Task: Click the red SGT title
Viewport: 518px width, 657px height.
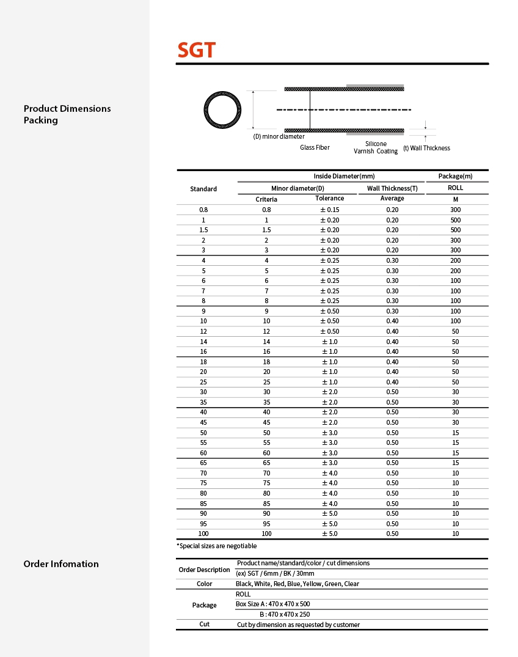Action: click(x=196, y=50)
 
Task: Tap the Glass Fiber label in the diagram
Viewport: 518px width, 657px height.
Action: click(x=315, y=147)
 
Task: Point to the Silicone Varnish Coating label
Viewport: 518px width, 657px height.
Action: click(x=376, y=147)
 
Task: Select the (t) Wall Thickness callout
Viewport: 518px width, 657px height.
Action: click(x=426, y=148)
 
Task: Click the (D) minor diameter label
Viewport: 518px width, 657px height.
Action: click(x=279, y=136)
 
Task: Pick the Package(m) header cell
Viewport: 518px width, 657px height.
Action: click(x=455, y=176)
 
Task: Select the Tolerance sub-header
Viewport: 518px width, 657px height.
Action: click(x=329, y=198)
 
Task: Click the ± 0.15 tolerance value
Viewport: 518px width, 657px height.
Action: click(x=330, y=210)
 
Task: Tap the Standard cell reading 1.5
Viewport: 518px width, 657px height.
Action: click(x=203, y=230)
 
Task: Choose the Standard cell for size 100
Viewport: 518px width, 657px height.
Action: click(x=203, y=534)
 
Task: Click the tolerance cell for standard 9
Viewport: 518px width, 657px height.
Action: click(x=330, y=311)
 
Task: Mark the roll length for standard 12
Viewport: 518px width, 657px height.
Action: click(x=455, y=331)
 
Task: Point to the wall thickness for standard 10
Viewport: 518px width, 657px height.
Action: click(x=392, y=321)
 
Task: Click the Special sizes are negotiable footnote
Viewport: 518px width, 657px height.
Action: click(x=217, y=546)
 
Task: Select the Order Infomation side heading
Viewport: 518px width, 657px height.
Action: click(x=61, y=563)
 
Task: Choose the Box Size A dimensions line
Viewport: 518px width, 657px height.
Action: click(x=272, y=604)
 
